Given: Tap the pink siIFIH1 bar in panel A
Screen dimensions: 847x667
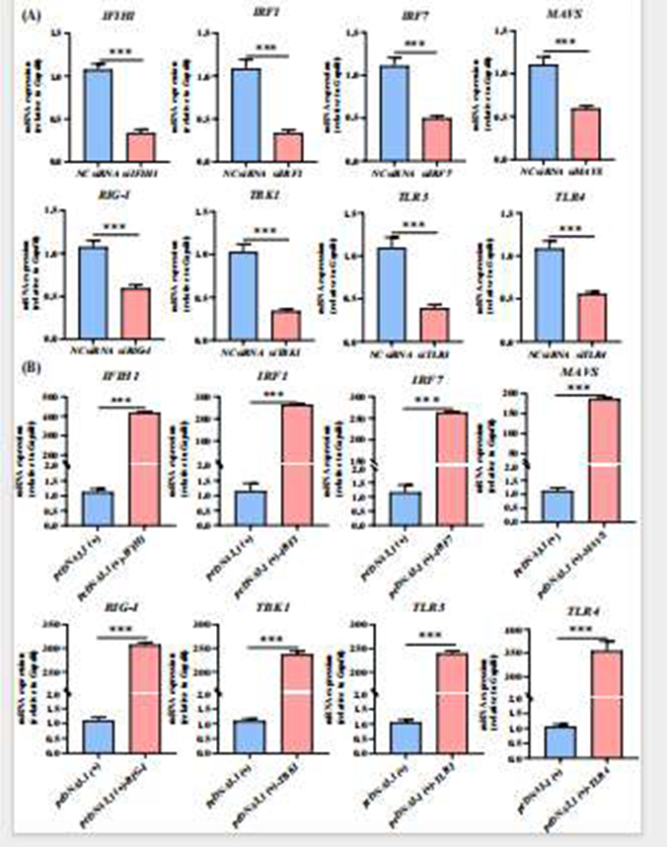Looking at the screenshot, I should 141,146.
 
